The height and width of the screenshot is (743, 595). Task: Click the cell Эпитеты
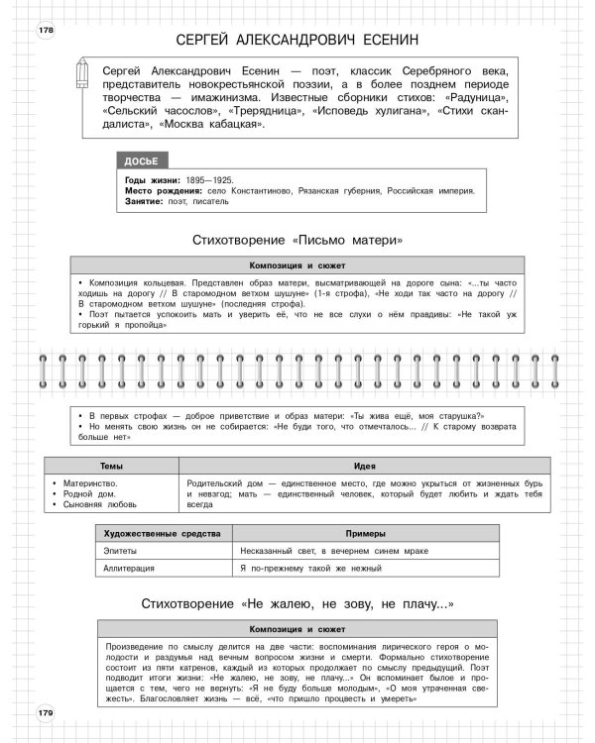pos(121,551)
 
